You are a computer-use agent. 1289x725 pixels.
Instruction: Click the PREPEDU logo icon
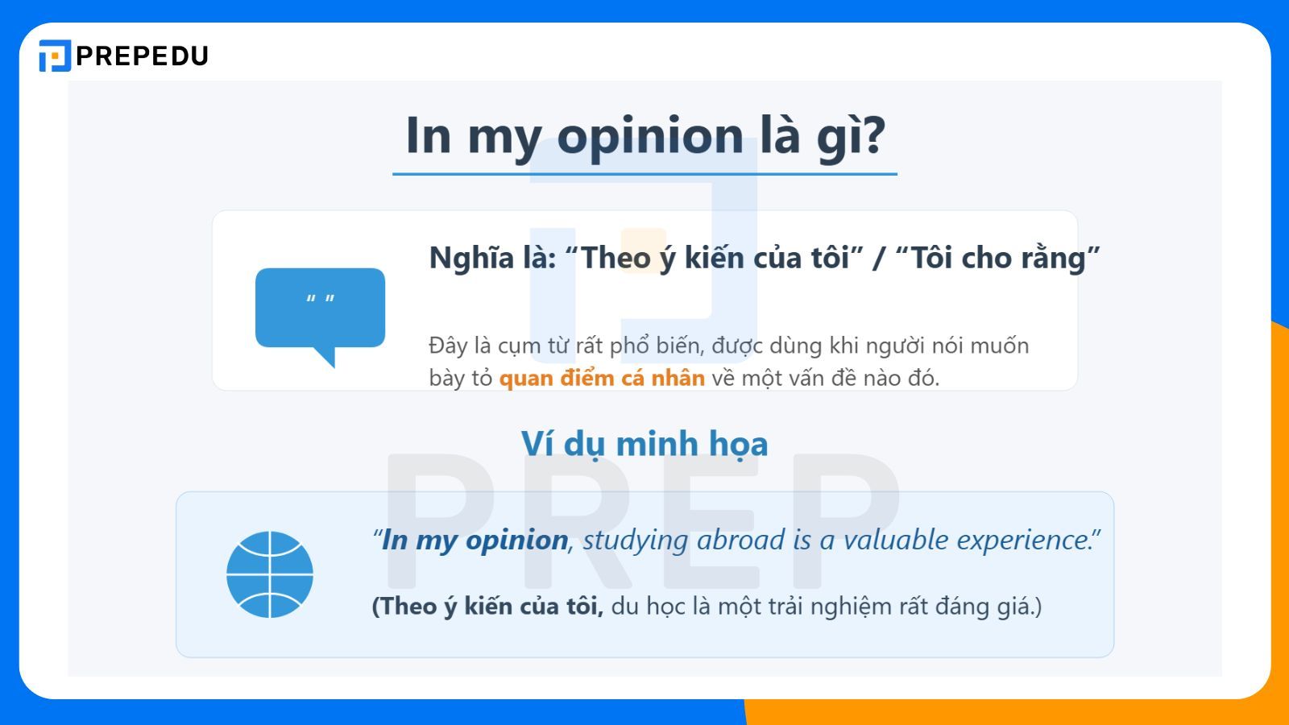(55, 56)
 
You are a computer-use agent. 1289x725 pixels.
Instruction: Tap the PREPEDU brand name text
(142, 56)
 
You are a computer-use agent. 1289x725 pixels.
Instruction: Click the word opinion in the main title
(650, 135)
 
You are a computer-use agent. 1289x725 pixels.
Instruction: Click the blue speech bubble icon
(320, 311)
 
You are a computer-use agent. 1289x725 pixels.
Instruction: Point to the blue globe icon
(270, 574)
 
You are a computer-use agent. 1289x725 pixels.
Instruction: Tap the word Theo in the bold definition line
(616, 258)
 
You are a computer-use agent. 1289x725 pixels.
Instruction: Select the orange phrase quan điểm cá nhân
(602, 378)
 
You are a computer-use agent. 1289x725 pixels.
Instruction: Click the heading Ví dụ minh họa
(644, 444)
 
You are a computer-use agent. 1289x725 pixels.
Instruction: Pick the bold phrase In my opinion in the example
(475, 540)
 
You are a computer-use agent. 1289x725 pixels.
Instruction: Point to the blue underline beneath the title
(644, 173)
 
